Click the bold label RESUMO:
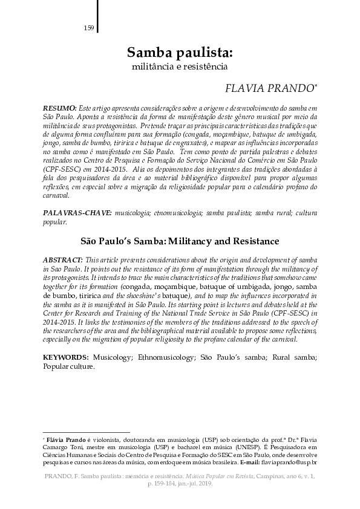[x=60, y=106]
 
